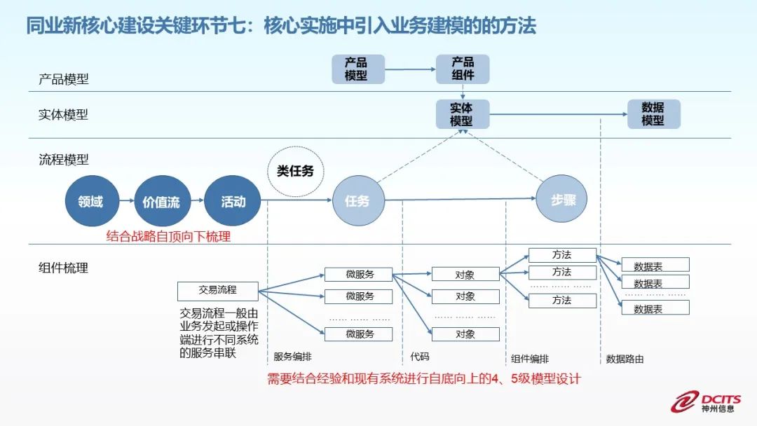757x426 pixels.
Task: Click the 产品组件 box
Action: pyautogui.click(x=463, y=69)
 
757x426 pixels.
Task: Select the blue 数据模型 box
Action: pyautogui.click(x=654, y=114)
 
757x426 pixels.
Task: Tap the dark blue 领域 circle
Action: pyautogui.click(x=92, y=201)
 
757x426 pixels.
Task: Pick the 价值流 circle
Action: pyautogui.click(x=162, y=201)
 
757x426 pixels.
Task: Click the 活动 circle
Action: pyautogui.click(x=233, y=201)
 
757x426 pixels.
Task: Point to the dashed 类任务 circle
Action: pyautogui.click(x=296, y=171)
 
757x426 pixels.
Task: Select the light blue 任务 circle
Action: pyautogui.click(x=359, y=200)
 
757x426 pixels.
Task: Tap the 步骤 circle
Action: pyautogui.click(x=561, y=199)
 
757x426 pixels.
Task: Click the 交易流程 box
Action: pyautogui.click(x=218, y=291)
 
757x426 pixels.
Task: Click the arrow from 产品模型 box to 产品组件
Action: pyautogui.click(x=410, y=69)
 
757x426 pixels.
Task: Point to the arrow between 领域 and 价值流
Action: pyautogui.click(x=126, y=200)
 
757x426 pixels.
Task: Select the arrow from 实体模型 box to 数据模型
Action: pyautogui.click(x=558, y=114)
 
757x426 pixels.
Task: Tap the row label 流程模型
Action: pyautogui.click(x=64, y=160)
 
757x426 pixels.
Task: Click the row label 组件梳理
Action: pyautogui.click(x=64, y=268)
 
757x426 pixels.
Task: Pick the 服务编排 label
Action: pyautogui.click(x=292, y=357)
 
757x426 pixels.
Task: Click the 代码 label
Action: pyautogui.click(x=420, y=357)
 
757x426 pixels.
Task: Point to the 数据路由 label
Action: pyautogui.click(x=625, y=359)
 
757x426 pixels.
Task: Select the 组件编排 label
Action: pyautogui.click(x=530, y=359)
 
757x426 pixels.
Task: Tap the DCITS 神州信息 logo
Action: pyautogui.click(x=705, y=402)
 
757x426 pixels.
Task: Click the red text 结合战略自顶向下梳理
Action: pyautogui.click(x=168, y=236)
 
